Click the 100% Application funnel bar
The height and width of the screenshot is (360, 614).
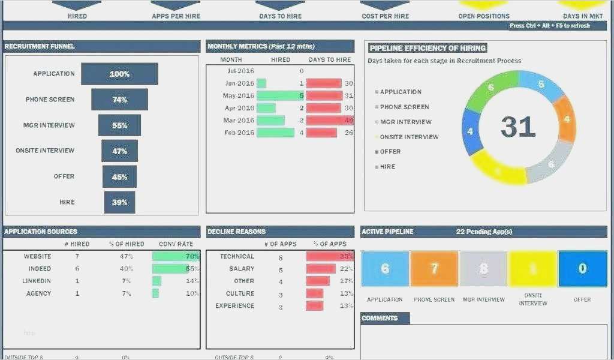(x=119, y=74)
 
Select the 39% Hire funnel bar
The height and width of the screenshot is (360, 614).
(x=119, y=202)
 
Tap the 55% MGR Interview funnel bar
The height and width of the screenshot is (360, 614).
(x=119, y=125)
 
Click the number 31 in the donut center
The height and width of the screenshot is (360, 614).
(x=517, y=127)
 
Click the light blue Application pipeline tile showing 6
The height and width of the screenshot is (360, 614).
(x=385, y=269)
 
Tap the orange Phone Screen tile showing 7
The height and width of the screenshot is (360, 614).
(x=435, y=269)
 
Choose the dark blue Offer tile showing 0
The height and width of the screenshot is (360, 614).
(x=582, y=269)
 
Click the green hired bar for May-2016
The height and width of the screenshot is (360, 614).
(x=280, y=95)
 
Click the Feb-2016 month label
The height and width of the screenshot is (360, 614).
(x=239, y=133)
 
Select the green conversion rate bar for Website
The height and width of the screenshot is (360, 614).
(x=175, y=256)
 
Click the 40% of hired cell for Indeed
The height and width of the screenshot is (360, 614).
(x=126, y=269)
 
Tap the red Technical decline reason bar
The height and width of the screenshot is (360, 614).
(x=329, y=256)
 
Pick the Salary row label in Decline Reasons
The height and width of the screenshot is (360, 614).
(x=242, y=269)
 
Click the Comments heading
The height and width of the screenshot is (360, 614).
(x=380, y=319)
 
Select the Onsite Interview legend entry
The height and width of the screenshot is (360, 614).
(x=409, y=137)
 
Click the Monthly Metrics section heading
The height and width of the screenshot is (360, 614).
(x=261, y=46)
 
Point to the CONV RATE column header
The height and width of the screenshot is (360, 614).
(x=176, y=244)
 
